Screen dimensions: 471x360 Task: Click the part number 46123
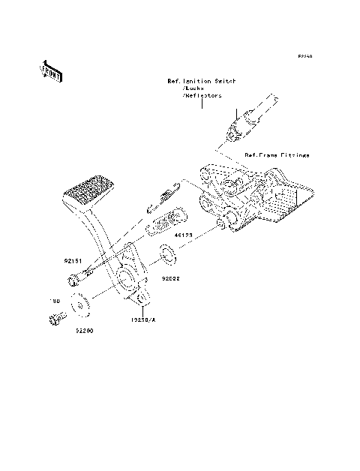[x=184, y=235]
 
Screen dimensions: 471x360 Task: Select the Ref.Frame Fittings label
[x=277, y=155]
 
